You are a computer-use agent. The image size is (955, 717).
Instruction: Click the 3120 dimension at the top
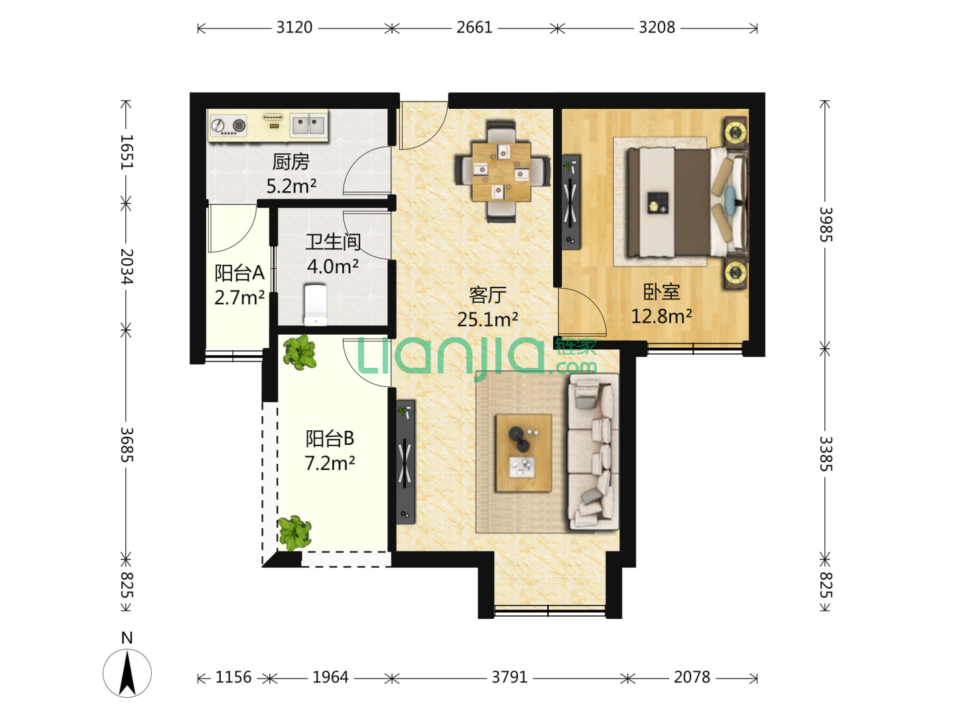pyautogui.click(x=294, y=27)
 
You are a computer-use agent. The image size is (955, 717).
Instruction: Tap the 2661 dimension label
pyautogui.click(x=474, y=27)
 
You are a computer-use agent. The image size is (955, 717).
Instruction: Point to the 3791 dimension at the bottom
pyautogui.click(x=509, y=677)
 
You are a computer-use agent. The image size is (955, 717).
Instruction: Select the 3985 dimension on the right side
pyautogui.click(x=826, y=224)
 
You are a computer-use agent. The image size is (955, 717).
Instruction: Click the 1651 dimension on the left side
pyautogui.click(x=127, y=151)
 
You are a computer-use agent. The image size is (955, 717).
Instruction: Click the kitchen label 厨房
pyautogui.click(x=290, y=162)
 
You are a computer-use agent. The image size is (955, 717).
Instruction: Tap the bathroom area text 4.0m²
pyautogui.click(x=333, y=266)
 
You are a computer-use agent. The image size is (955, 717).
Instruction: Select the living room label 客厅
pyautogui.click(x=487, y=295)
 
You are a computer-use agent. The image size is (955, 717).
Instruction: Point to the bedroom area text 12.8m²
pyautogui.click(x=661, y=316)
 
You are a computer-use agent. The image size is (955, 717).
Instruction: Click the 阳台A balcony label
pyautogui.click(x=239, y=273)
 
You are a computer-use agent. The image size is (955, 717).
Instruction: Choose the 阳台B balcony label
pyautogui.click(x=330, y=438)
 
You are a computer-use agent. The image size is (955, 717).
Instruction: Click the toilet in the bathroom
pyautogui.click(x=316, y=305)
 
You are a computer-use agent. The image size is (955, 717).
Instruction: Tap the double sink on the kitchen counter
pyautogui.click(x=308, y=125)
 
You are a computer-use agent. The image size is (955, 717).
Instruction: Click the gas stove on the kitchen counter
pyautogui.click(x=228, y=125)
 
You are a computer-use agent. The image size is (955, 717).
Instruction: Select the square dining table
pyautogui.click(x=501, y=171)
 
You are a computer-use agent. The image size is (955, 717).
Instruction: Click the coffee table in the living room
pyautogui.click(x=524, y=453)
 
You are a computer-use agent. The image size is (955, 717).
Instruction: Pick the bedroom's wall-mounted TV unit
pyautogui.click(x=571, y=202)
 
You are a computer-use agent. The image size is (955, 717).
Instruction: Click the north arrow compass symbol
pyautogui.click(x=127, y=673)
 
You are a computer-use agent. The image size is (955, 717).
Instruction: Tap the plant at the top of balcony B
pyautogui.click(x=299, y=352)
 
